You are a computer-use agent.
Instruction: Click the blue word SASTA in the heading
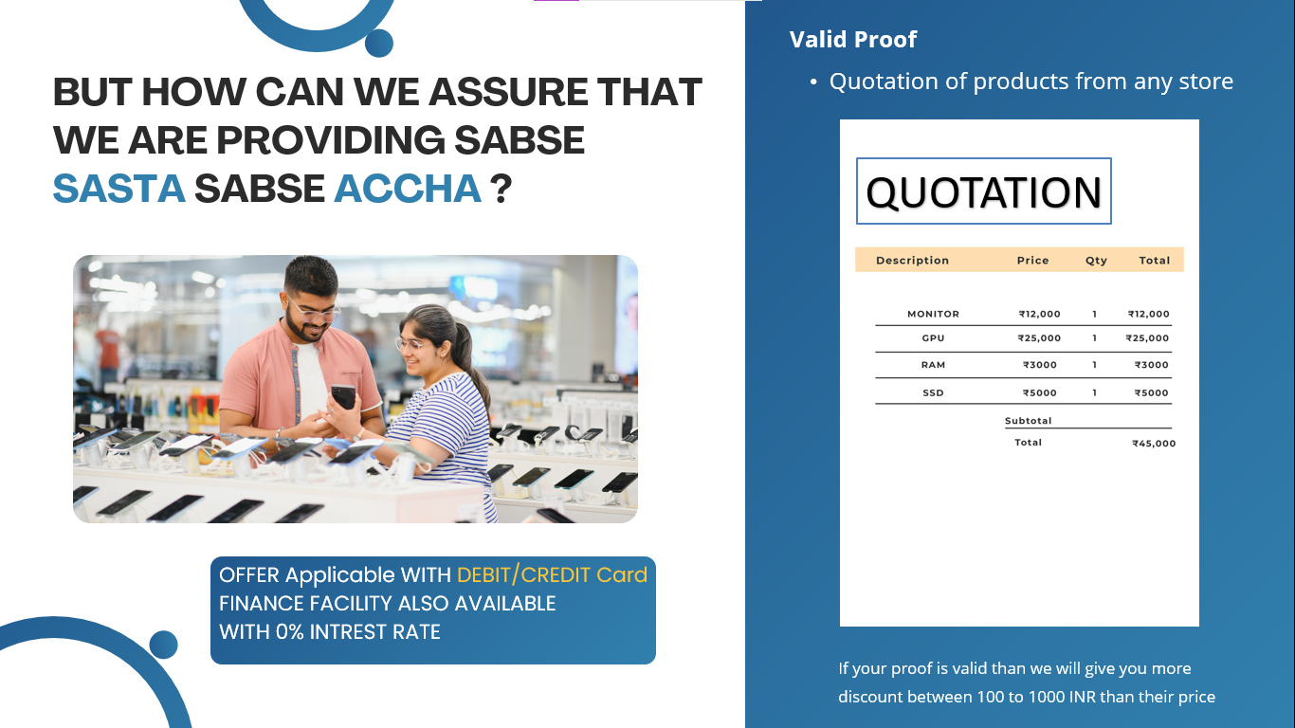(x=119, y=189)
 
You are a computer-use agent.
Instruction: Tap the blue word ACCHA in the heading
(x=408, y=189)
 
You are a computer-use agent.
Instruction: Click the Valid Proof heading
(x=852, y=39)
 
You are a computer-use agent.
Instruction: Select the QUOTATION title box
(x=983, y=191)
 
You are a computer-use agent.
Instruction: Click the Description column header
(x=912, y=261)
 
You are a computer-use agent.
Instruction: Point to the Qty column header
(x=1096, y=261)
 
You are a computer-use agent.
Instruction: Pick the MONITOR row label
(x=933, y=314)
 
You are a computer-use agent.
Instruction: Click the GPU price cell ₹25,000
(x=1039, y=338)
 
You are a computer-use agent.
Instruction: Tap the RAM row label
(x=933, y=365)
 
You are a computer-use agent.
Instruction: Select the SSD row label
(x=933, y=392)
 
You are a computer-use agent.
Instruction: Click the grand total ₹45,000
(x=1154, y=444)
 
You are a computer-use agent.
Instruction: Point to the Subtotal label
(x=1028, y=420)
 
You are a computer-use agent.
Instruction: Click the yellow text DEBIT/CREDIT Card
(x=552, y=574)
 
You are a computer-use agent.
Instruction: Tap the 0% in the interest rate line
(x=290, y=631)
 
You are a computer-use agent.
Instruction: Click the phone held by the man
(x=343, y=397)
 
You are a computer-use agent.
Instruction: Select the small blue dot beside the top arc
(x=379, y=43)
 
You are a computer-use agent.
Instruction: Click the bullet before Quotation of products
(x=813, y=82)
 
